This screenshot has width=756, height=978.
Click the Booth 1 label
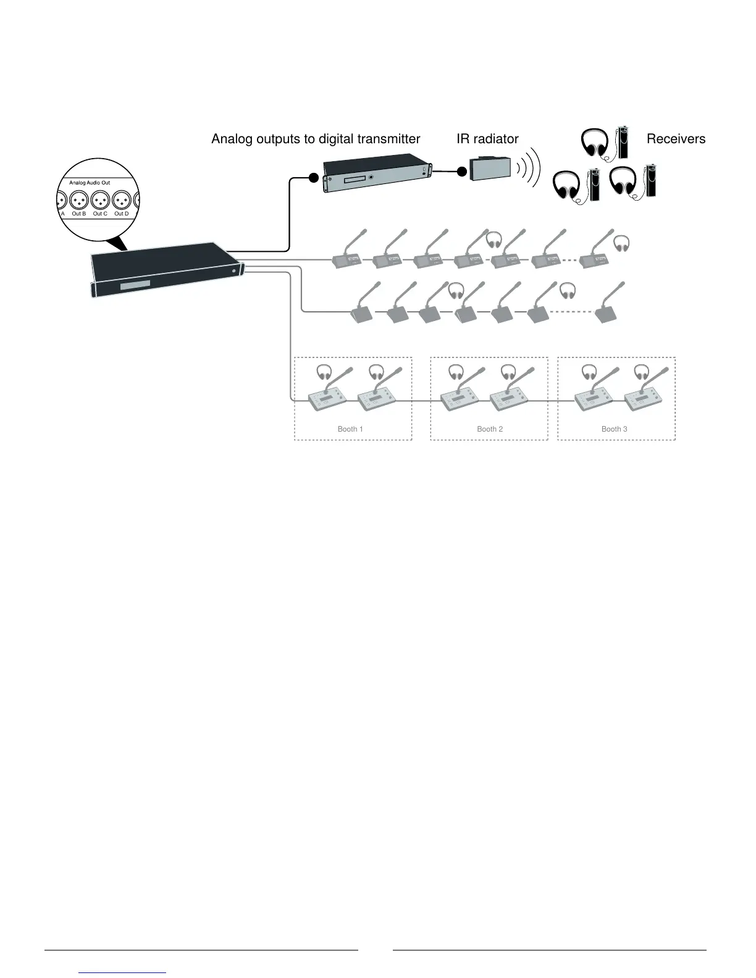coord(347,429)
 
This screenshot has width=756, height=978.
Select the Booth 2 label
coord(490,429)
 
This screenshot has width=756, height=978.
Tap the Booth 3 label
coord(615,429)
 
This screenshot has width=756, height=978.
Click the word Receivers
coord(676,139)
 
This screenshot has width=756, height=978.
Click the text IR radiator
coord(487,139)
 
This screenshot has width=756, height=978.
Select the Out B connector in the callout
coord(79,201)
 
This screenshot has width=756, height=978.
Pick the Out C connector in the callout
coord(100,201)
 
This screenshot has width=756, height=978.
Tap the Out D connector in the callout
coord(122,201)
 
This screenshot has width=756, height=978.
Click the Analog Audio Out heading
coord(90,183)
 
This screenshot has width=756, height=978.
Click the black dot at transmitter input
coord(313,178)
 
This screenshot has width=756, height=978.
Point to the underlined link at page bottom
coord(123,972)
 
